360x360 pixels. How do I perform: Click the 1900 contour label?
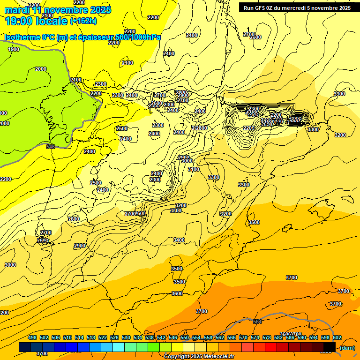[x=14, y=49]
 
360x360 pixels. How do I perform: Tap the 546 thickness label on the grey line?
[x=51, y=147]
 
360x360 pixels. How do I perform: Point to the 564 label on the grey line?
[x=257, y=322]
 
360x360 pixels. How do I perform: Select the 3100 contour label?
[x=193, y=169]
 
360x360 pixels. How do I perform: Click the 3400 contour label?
[x=179, y=240]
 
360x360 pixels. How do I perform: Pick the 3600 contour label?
[x=177, y=293]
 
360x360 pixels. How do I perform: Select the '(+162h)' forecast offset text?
[x=83, y=21]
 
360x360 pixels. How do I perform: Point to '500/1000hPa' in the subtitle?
[x=140, y=37]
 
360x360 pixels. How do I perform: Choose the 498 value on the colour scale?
[x=32, y=337]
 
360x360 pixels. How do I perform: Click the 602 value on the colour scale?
[x=337, y=337]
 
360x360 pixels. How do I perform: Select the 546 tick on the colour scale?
[x=173, y=337]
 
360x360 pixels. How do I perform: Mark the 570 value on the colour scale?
[x=243, y=337]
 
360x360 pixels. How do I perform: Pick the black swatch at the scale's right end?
[x=330, y=347]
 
